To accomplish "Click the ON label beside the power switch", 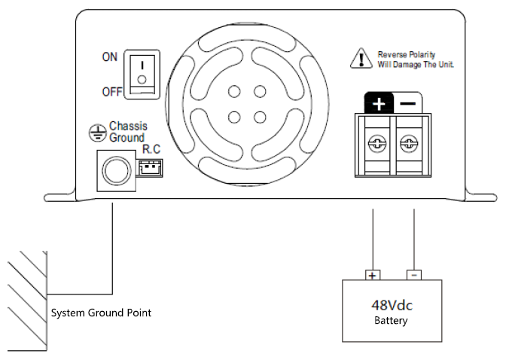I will [109, 58].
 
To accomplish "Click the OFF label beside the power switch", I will [111, 92].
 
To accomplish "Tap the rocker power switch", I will [141, 73].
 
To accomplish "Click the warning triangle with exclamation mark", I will [362, 59].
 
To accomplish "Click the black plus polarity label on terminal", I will [379, 104].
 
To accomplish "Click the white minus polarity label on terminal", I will [408, 104].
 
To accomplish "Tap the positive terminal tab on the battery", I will [373, 275].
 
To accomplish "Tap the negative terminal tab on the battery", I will [413, 275].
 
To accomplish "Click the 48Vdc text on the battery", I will [391, 306].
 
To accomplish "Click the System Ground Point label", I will [101, 312].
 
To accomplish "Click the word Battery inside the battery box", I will [391, 322].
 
